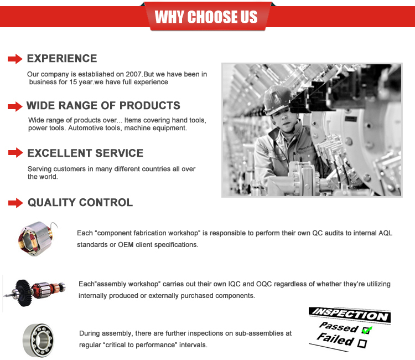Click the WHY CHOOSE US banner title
tap(206, 17)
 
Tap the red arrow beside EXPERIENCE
tap(15, 59)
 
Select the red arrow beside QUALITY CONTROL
tap(15, 203)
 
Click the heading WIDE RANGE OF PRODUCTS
tap(103, 105)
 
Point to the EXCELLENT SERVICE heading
tap(85, 153)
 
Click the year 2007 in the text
tap(133, 74)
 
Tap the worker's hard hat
tap(277, 99)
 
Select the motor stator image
tap(37, 238)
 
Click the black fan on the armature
tap(24, 293)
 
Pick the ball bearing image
tap(38, 340)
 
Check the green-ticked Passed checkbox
tap(366, 330)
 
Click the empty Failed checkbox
tap(362, 343)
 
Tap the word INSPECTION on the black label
tap(350, 315)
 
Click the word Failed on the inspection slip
tap(336, 339)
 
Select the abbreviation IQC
tap(235, 284)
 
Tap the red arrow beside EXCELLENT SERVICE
tap(15, 152)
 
